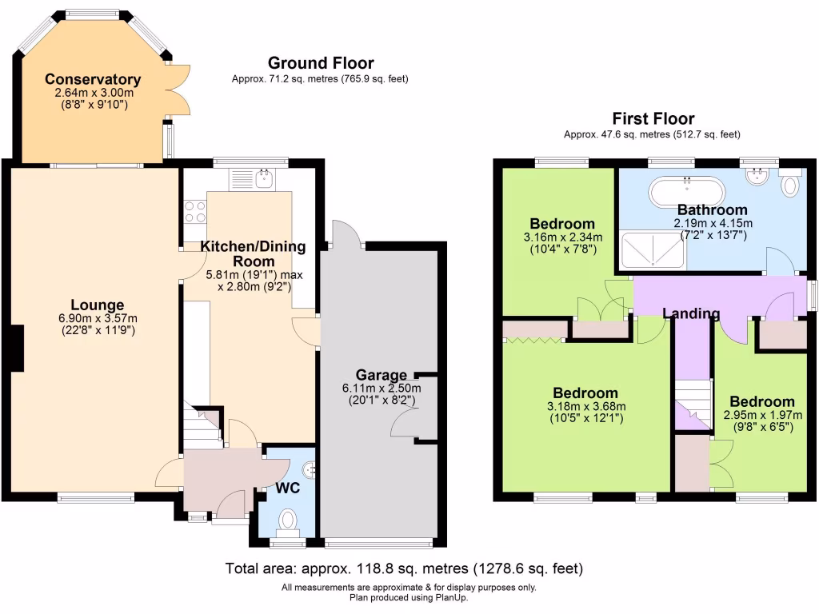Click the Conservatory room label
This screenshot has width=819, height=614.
coord(93,79)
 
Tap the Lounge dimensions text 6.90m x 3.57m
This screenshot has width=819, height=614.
coord(97,318)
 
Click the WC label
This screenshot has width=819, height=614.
coord(287,487)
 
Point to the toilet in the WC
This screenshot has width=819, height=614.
coord(287,522)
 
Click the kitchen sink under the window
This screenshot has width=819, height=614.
coord(264,180)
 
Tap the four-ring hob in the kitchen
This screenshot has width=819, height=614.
coord(194,212)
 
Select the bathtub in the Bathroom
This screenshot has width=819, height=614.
coord(687,193)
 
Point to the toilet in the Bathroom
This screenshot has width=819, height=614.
coord(789,185)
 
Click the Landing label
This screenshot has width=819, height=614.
coord(691,313)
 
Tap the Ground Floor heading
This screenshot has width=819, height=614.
coord(320,63)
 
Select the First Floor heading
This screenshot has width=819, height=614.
coord(653,118)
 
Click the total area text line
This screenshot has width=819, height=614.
coord(403,569)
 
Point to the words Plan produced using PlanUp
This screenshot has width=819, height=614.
coord(409,598)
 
